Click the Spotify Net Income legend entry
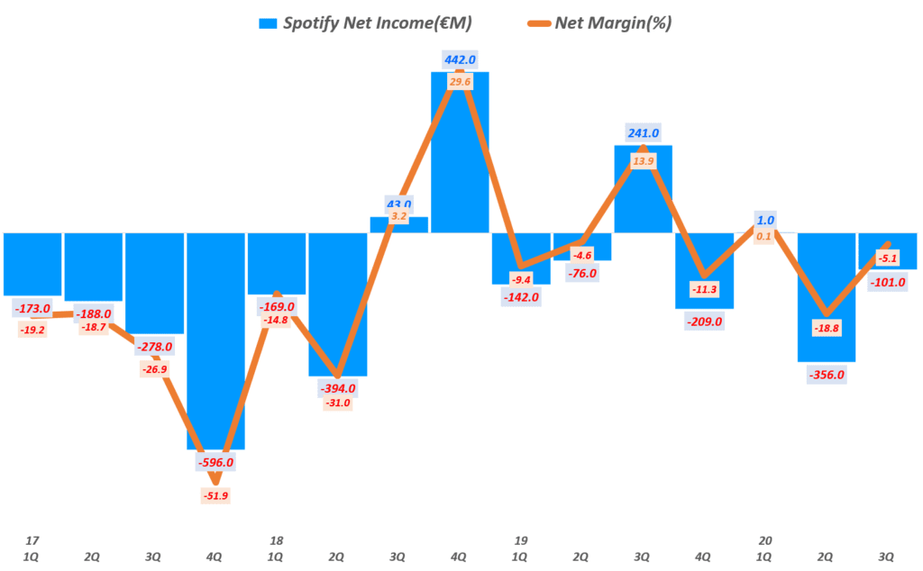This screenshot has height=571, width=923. click(365, 23)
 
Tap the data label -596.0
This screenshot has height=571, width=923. click(215, 462)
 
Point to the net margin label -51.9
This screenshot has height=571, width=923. click(215, 495)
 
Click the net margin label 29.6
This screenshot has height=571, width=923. click(460, 81)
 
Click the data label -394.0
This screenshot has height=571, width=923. click(337, 388)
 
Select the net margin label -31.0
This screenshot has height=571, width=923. click(337, 403)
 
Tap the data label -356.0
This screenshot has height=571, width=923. click(827, 375)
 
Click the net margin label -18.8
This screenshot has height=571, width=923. click(827, 329)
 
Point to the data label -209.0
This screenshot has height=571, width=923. click(704, 321)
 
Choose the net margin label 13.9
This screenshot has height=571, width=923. click(643, 160)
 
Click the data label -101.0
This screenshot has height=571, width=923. click(888, 282)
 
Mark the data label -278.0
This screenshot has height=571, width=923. click(154, 346)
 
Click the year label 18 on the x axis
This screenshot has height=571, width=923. click(276, 540)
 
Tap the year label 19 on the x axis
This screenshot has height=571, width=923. click(521, 540)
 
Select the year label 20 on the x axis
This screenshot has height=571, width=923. click(765, 540)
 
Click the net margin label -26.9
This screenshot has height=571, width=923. click(154, 369)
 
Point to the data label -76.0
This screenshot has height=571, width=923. click(581, 273)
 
